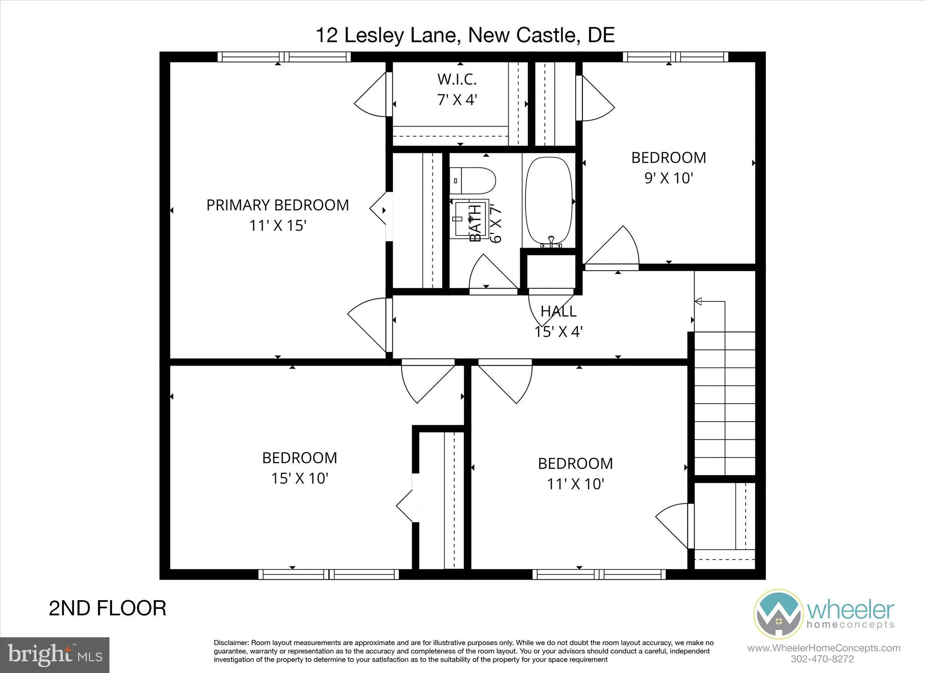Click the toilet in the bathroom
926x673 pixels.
click(x=472, y=181)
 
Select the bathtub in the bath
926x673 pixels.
click(x=548, y=202)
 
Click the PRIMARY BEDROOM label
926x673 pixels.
click(x=278, y=205)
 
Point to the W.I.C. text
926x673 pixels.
click(x=457, y=80)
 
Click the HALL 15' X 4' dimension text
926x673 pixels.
click(x=558, y=332)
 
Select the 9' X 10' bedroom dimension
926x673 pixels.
click(x=668, y=178)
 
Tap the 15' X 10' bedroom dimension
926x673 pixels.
click(x=299, y=478)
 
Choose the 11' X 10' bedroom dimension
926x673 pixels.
click(x=575, y=484)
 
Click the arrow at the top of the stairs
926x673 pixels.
click(x=698, y=301)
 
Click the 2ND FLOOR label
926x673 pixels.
click(x=108, y=608)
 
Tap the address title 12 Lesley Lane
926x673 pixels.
click(x=465, y=35)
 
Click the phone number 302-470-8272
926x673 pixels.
click(x=822, y=659)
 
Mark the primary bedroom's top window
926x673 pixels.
click(x=284, y=57)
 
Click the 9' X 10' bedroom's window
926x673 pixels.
click(x=676, y=57)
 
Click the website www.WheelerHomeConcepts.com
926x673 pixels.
click(x=824, y=648)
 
